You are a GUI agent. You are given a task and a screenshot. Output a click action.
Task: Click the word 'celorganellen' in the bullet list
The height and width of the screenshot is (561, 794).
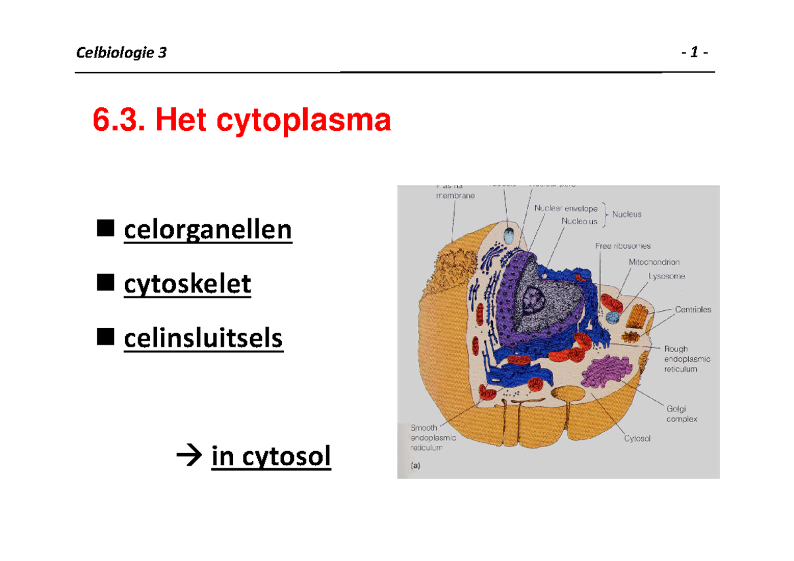pos(207,230)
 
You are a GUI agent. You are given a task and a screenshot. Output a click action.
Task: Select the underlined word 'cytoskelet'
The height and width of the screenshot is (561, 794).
pos(187,284)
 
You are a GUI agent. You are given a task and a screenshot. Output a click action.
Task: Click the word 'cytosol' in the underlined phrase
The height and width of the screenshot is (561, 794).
pos(288,456)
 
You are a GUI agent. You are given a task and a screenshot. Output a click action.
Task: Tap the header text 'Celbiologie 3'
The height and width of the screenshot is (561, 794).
pos(122,53)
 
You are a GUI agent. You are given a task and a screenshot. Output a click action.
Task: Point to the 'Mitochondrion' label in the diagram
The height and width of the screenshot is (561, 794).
pos(654,262)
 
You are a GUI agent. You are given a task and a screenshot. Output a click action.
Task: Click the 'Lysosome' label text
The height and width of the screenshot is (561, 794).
pos(666,277)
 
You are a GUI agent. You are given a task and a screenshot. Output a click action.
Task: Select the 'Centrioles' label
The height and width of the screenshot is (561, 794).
pos(693,309)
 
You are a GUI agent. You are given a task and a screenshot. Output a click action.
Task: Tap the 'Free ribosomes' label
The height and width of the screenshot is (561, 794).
pos(623,246)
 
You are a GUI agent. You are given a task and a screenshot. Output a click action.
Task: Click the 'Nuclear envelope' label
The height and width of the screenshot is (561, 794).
pos(566,209)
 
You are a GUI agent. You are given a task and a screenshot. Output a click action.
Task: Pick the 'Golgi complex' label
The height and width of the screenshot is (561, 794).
pos(681,414)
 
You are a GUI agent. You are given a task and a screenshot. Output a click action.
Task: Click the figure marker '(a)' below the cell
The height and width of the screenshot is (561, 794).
pos(416,465)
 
